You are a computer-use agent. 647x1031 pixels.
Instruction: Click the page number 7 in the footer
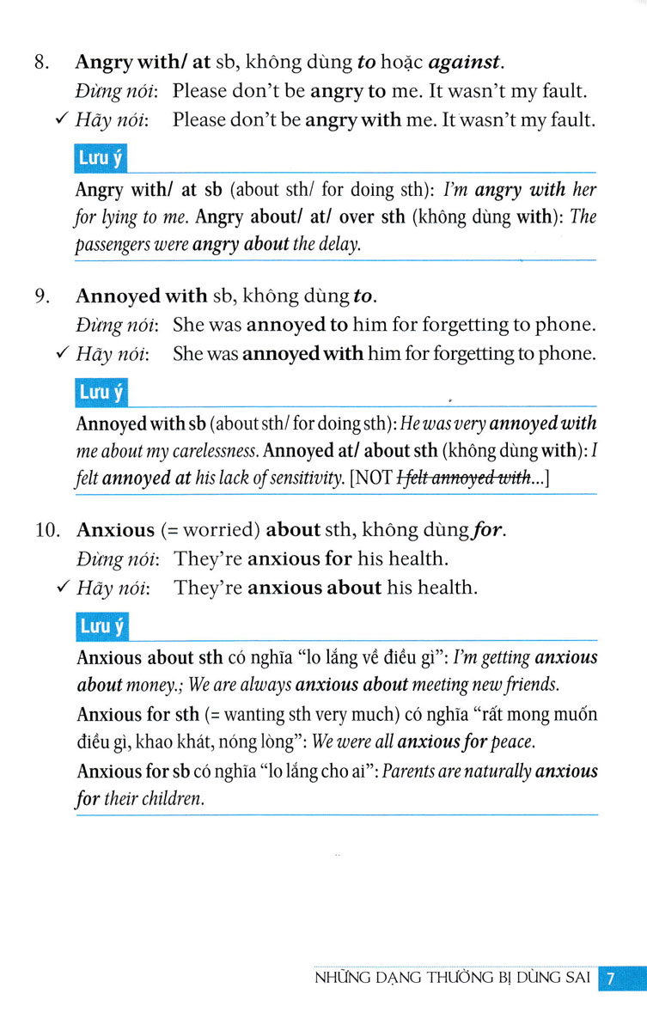pyautogui.click(x=611, y=979)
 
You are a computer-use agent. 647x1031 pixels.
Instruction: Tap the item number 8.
pyautogui.click(x=40, y=63)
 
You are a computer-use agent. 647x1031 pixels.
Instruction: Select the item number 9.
pyautogui.click(x=40, y=296)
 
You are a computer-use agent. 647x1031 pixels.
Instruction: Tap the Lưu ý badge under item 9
pyautogui.click(x=101, y=393)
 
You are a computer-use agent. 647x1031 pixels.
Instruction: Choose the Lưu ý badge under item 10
pyautogui.click(x=101, y=627)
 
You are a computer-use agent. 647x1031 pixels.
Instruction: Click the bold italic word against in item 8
pyautogui.click(x=463, y=63)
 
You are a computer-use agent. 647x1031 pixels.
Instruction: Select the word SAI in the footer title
pyautogui.click(x=573, y=979)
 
